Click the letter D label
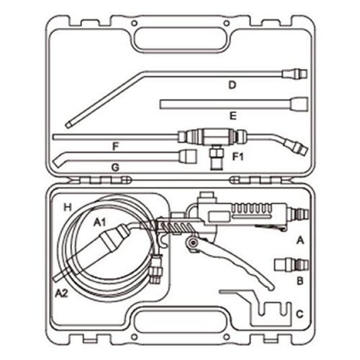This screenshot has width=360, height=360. click(x=232, y=85)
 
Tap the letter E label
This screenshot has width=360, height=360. click(x=233, y=116)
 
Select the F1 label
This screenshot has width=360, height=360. click(x=238, y=156)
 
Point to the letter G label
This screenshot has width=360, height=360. click(x=115, y=167)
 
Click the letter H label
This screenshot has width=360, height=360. click(x=68, y=207)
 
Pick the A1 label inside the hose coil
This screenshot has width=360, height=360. click(x=99, y=222)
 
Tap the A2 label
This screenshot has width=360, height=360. click(x=62, y=293)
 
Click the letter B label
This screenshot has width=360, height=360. click(x=300, y=281)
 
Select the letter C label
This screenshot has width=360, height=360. click(x=300, y=314)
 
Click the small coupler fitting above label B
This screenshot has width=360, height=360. click(x=292, y=265)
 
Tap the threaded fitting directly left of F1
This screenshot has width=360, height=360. click(x=217, y=159)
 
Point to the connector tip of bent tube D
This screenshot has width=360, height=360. click(x=295, y=73)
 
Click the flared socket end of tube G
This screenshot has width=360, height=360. click(x=188, y=156)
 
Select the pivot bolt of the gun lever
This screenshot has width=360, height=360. click(x=192, y=243)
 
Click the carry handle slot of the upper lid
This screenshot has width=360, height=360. click(x=180, y=40)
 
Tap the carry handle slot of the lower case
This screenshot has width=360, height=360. click(x=180, y=320)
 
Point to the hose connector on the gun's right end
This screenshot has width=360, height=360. click(x=298, y=214)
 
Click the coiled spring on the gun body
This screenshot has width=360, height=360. click(x=176, y=227)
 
